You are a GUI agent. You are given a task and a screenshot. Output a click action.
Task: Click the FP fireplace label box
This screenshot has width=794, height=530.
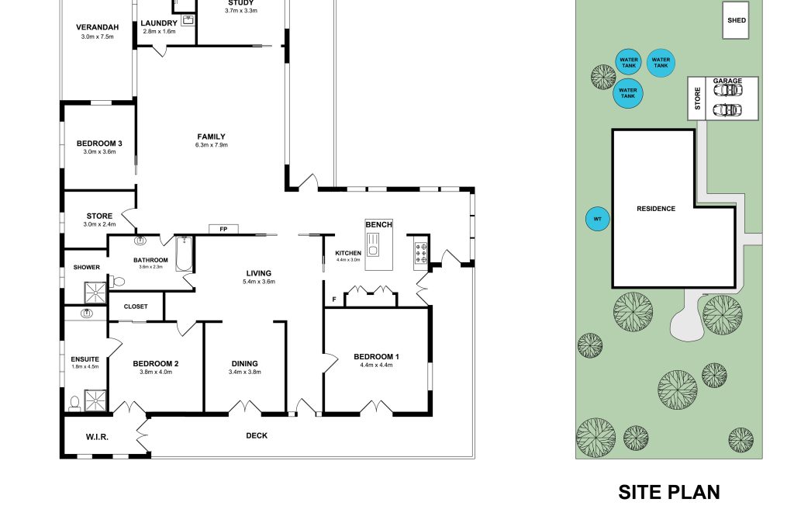(223, 229)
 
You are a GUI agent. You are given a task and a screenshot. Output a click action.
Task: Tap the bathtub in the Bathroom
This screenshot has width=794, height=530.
(185, 254)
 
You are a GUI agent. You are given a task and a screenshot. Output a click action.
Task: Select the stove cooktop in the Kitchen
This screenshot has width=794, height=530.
(423, 251)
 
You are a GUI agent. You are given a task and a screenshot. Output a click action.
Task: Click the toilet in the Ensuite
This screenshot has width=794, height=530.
(74, 402)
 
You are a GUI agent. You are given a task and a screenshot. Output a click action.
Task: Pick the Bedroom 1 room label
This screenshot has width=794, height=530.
(376, 357)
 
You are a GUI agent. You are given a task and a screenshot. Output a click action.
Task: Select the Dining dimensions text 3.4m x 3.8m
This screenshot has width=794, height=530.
(244, 372)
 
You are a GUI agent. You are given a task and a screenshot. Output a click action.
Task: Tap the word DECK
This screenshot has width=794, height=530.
(257, 436)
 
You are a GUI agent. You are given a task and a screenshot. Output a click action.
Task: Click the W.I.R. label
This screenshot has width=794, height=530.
(97, 438)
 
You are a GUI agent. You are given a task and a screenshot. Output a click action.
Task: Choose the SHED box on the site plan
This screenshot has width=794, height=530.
(735, 21)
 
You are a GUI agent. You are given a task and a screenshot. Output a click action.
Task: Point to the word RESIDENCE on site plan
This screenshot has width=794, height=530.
(656, 209)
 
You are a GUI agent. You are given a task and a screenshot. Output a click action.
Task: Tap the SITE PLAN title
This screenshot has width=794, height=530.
(668, 492)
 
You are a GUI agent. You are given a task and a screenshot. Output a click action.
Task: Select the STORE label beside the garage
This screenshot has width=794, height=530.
(698, 99)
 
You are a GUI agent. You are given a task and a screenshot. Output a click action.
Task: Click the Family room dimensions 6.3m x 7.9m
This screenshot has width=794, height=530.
(212, 145)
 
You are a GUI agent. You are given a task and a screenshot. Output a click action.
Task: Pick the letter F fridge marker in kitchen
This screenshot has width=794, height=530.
(333, 299)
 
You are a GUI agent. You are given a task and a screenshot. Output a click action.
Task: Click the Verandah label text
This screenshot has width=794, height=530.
(97, 28)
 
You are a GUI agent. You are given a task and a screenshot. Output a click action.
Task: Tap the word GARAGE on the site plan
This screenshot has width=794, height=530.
(727, 81)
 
